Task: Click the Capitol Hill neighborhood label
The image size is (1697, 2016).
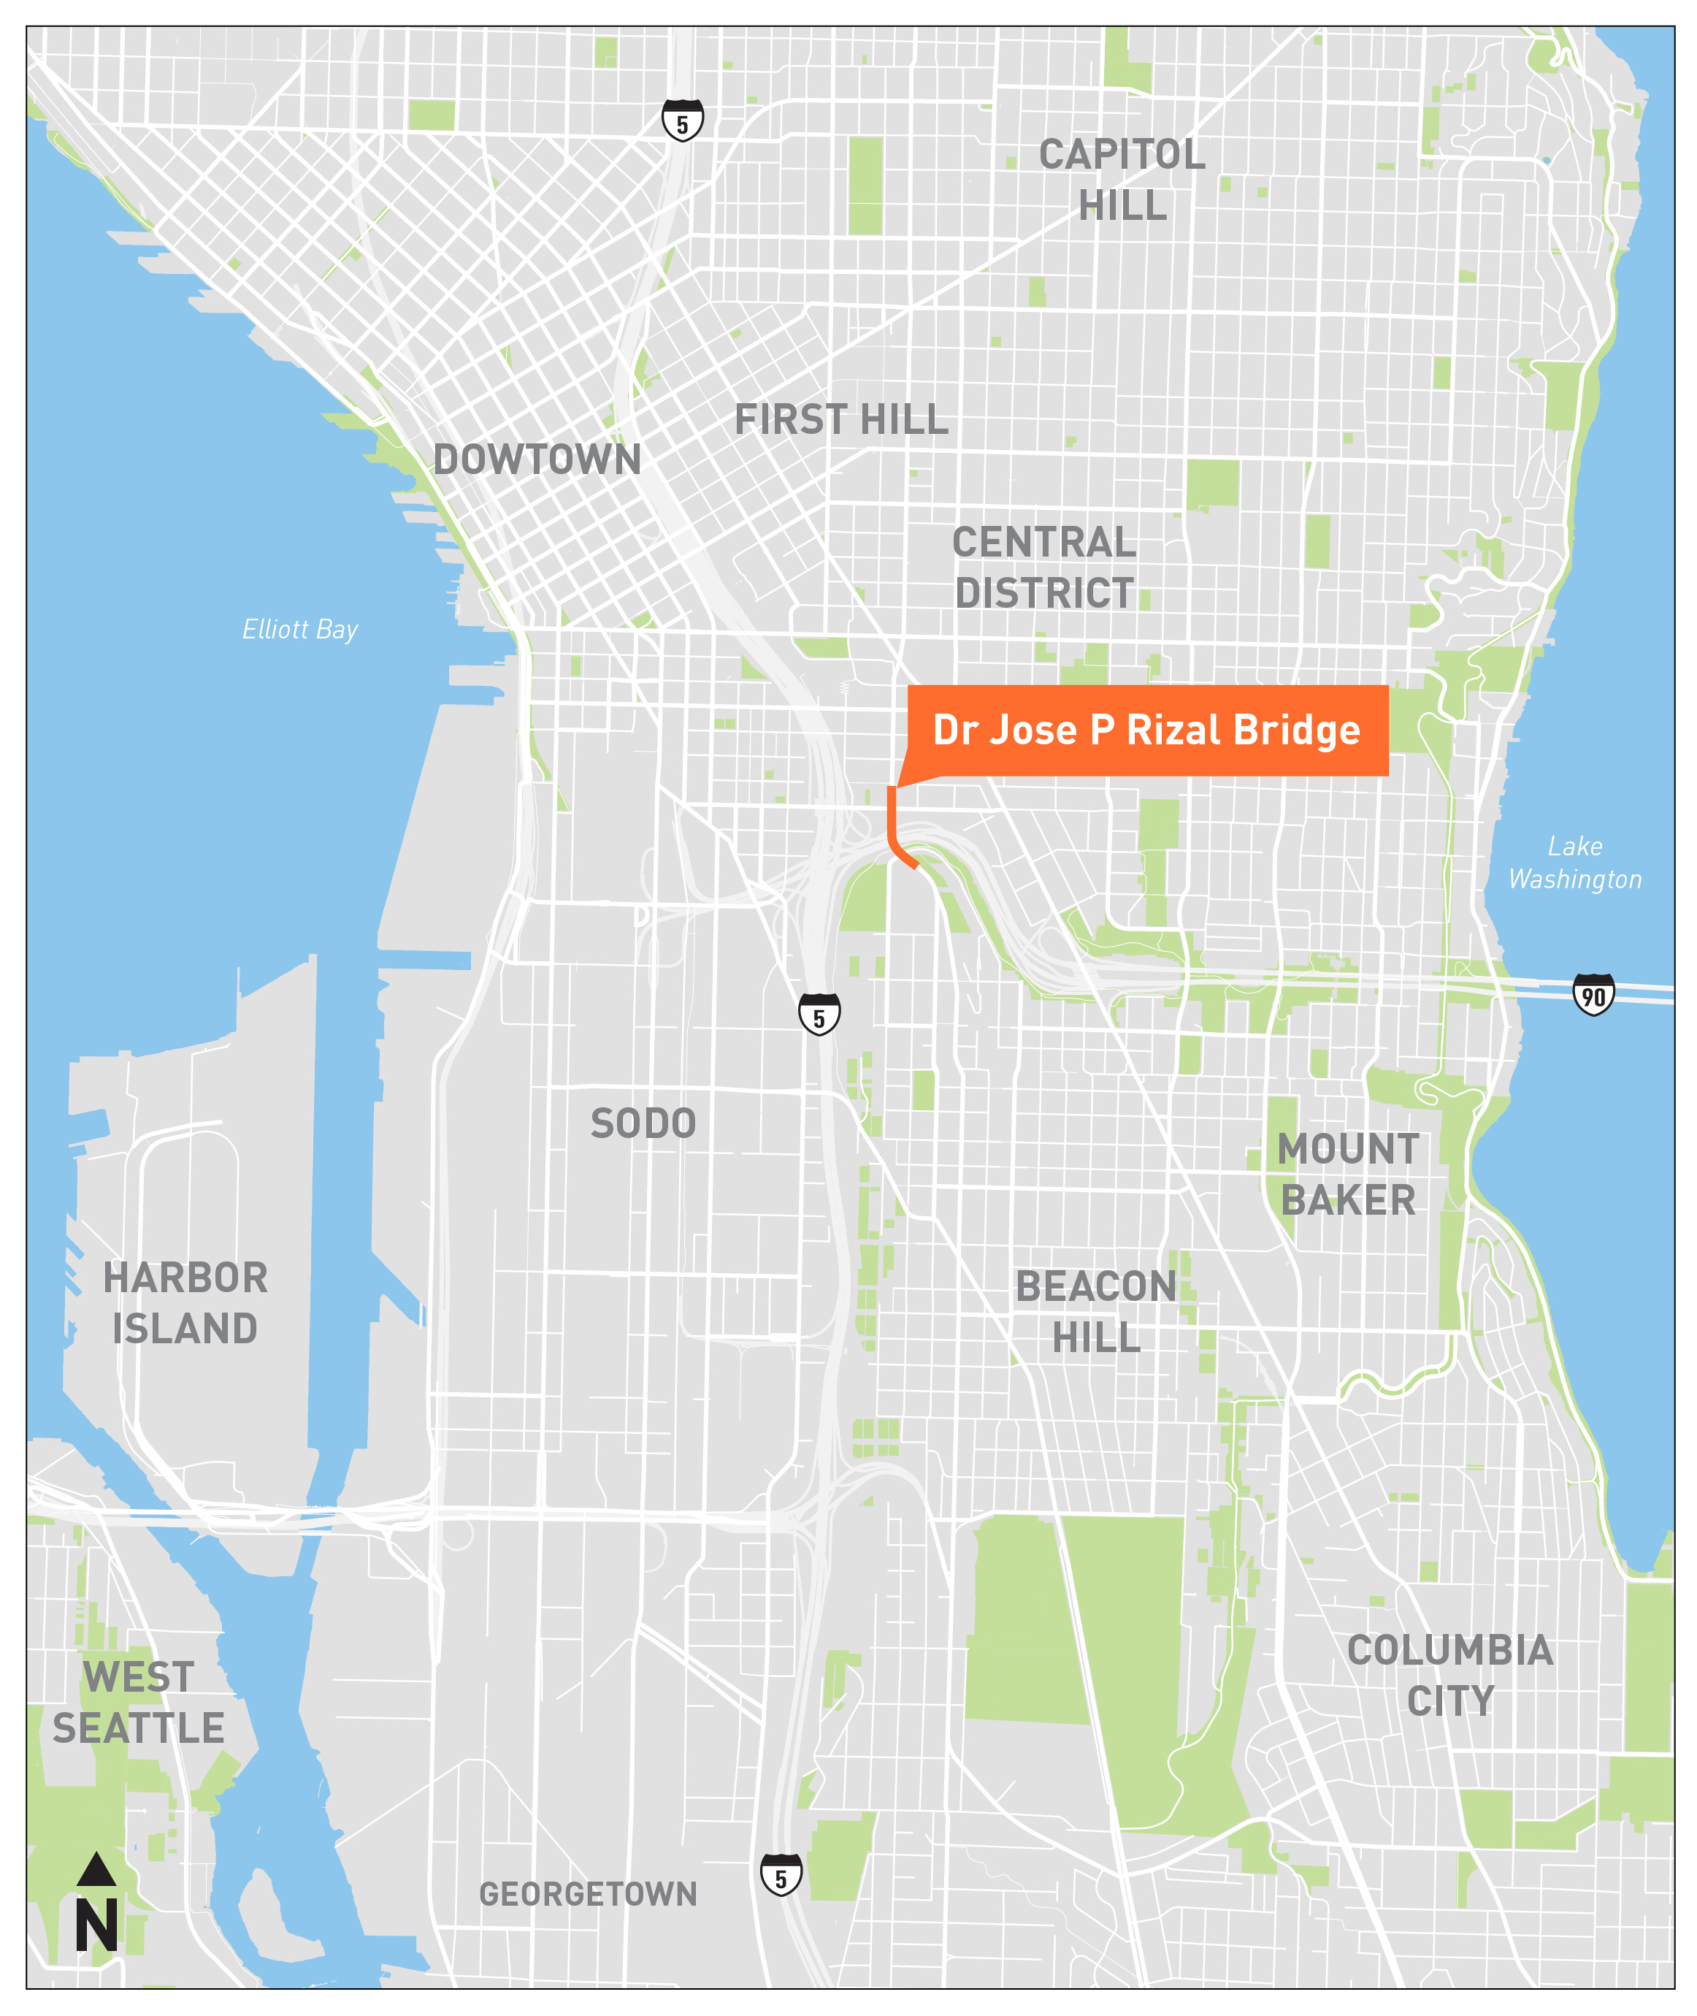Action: click(1122, 180)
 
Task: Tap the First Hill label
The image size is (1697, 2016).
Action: click(840, 419)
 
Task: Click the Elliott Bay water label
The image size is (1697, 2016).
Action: click(299, 630)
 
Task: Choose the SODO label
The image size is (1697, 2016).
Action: click(643, 1123)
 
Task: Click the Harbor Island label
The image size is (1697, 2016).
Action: click(185, 1303)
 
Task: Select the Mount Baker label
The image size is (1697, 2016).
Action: click(1348, 1174)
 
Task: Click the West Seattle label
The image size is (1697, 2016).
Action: click(139, 1703)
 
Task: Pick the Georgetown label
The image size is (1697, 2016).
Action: click(588, 1894)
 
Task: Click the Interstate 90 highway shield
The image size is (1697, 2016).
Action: click(1593, 995)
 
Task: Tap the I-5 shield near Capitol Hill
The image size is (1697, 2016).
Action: click(682, 121)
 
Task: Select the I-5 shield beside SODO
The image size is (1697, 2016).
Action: click(819, 1015)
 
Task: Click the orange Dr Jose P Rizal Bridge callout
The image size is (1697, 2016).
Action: click(1146, 730)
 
